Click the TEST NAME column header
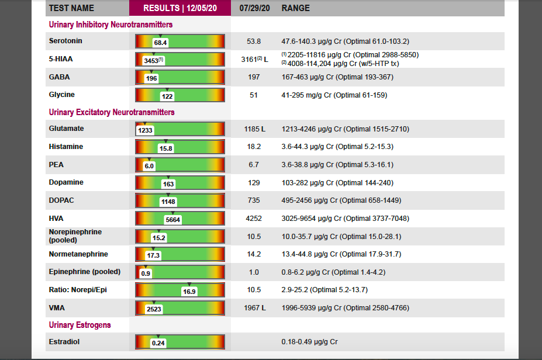click(x=71, y=8)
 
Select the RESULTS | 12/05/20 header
click(x=180, y=8)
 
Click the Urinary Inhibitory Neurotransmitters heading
click(x=111, y=25)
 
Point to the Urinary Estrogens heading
click(x=80, y=325)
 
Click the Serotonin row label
click(x=65, y=41)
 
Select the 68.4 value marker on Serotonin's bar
click(x=160, y=43)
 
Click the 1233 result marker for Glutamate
click(x=145, y=131)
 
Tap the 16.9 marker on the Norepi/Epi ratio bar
click(x=189, y=292)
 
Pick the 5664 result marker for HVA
click(x=172, y=220)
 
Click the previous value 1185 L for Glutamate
click(x=254, y=129)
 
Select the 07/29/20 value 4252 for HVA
click(x=254, y=219)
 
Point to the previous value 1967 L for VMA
click(x=254, y=308)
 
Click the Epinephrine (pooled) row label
click(x=84, y=272)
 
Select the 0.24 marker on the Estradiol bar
click(x=158, y=344)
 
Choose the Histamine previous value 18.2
click(x=254, y=147)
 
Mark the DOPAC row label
click(x=61, y=200)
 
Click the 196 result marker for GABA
click(x=151, y=79)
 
